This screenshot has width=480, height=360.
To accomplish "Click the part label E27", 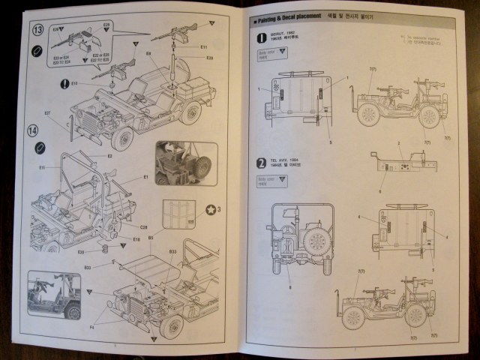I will pos(48,114).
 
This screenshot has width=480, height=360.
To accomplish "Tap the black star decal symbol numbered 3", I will pos(211,209).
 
